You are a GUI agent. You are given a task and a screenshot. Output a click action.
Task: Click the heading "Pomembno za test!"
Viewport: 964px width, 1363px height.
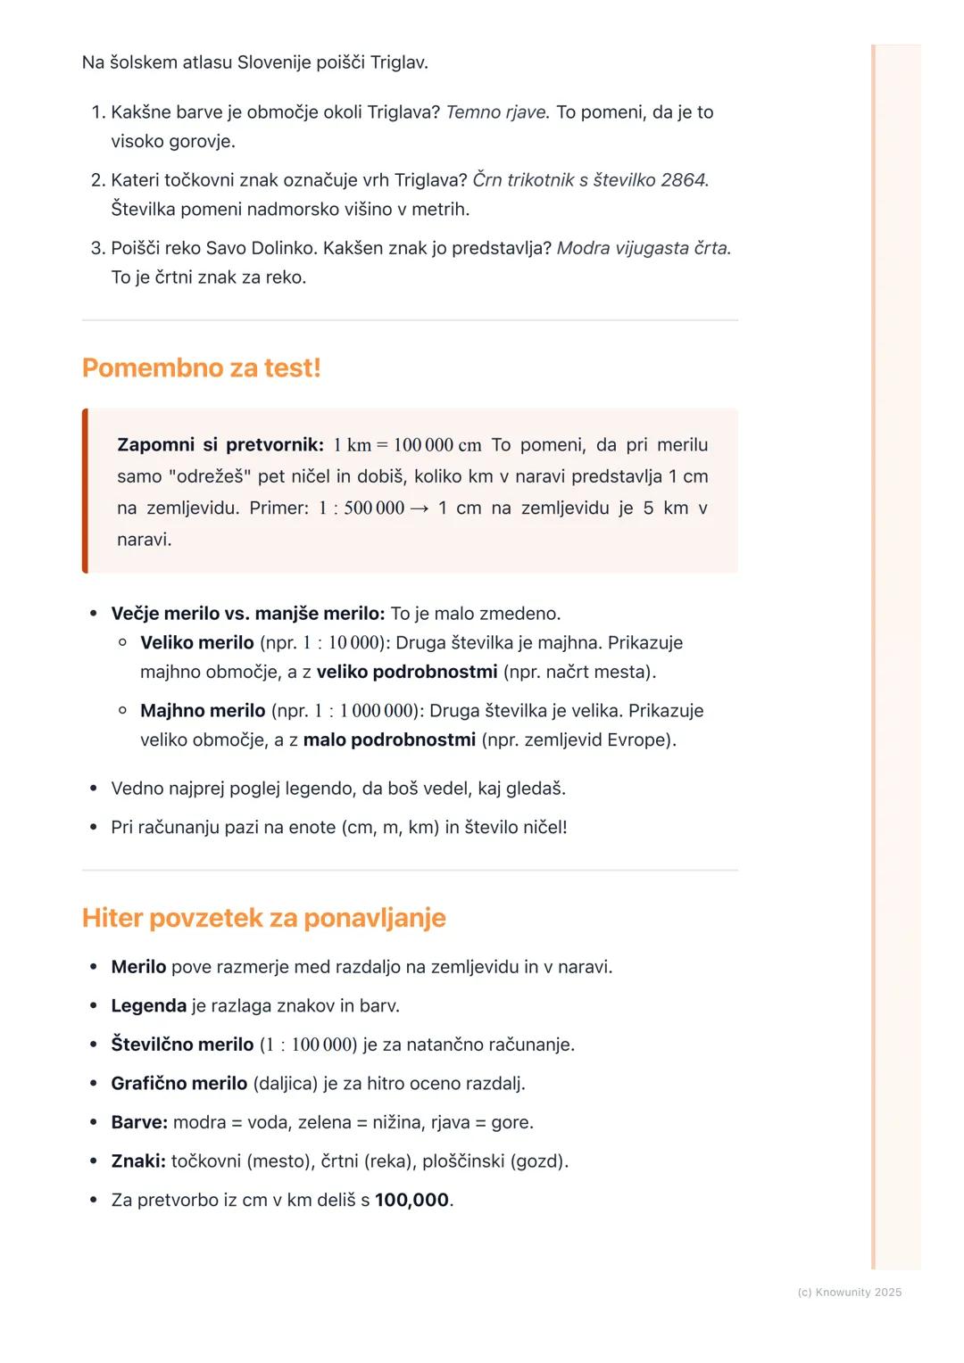(201, 368)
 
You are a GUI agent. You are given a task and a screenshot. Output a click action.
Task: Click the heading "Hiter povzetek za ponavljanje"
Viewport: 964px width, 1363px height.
(263, 918)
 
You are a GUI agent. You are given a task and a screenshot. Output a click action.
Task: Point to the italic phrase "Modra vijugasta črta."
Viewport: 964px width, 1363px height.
(644, 248)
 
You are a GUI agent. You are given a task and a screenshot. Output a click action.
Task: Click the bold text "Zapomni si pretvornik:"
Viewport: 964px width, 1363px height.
(220, 444)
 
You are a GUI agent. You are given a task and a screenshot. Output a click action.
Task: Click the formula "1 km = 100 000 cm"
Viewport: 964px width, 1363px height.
(407, 444)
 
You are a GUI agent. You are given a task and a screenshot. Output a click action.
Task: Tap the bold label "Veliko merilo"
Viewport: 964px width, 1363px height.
(197, 642)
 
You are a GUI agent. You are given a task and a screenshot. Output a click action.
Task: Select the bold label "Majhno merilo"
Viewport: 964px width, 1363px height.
(203, 711)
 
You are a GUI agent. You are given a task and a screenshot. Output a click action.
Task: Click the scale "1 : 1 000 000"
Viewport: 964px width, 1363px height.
(365, 711)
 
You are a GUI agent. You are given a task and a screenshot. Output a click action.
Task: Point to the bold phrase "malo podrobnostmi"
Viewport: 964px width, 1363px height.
(389, 739)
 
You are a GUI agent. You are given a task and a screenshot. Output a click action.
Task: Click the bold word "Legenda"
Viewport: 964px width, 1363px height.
(148, 1005)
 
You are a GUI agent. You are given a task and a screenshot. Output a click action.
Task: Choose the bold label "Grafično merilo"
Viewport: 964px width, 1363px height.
(179, 1083)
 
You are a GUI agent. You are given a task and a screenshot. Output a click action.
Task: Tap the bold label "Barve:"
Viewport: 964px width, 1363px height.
(139, 1122)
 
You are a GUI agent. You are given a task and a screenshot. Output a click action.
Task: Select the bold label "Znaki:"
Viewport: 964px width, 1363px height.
(138, 1161)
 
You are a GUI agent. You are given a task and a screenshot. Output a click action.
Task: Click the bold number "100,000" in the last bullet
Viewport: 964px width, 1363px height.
(411, 1200)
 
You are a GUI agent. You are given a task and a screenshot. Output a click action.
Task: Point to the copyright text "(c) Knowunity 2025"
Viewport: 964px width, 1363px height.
(849, 1292)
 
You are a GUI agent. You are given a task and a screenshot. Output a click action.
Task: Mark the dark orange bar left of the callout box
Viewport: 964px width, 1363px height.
(85, 491)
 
